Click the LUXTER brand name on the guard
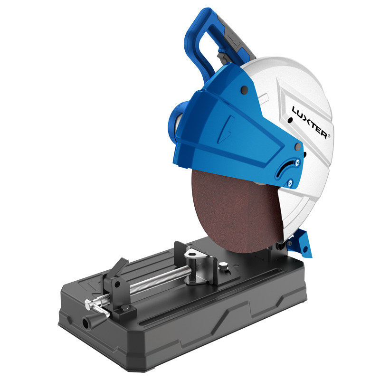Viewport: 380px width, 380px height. point(310,123)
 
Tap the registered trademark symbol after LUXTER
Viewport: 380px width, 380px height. point(329,136)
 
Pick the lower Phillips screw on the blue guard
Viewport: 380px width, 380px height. point(290,183)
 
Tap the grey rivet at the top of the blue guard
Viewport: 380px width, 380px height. point(245,89)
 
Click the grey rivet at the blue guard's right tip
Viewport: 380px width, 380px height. point(298,146)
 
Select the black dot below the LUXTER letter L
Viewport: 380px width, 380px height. point(290,120)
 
